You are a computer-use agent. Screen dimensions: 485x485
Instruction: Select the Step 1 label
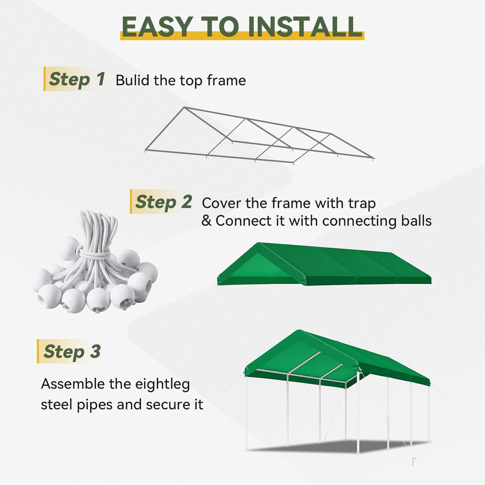77,79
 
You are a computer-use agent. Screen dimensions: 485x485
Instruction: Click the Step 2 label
164,202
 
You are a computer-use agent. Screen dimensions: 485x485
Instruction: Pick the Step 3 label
72,351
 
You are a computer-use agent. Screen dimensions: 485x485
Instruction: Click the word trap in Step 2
362,204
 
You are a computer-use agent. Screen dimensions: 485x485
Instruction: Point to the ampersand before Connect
206,221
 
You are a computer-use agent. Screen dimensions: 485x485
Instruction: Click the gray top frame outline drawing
259,136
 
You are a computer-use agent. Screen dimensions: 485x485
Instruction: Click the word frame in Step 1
226,81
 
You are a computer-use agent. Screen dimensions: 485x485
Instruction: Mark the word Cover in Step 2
221,203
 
